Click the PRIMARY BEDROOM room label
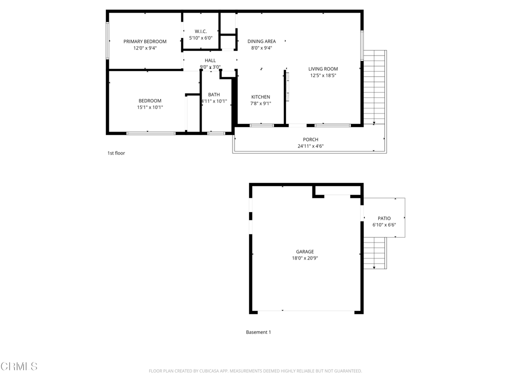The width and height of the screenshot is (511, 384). [145, 41]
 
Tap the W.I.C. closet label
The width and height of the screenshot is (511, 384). [201, 31]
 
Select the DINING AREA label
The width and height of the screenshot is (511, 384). [261, 41]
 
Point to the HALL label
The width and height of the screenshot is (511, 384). [210, 60]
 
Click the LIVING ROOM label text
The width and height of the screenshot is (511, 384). [323, 69]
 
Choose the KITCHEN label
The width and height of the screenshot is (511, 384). [260, 97]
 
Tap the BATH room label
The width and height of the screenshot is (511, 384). [214, 94]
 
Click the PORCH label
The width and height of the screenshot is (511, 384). [310, 139]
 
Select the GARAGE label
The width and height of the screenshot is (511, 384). [305, 252]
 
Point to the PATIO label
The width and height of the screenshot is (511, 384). [384, 218]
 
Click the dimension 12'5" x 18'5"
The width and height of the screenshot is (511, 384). [323, 75]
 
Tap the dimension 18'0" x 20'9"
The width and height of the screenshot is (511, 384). [305, 258]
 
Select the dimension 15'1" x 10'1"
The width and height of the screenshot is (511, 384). [150, 107]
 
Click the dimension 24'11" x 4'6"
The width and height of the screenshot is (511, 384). [310, 146]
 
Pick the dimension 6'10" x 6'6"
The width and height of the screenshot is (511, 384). [384, 225]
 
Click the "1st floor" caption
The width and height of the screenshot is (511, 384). [116, 153]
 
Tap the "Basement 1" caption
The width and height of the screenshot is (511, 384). [258, 332]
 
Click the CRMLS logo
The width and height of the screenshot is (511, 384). [19, 366]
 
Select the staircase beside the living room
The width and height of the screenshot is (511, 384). [375, 87]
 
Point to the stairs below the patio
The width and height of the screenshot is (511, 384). [375, 253]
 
